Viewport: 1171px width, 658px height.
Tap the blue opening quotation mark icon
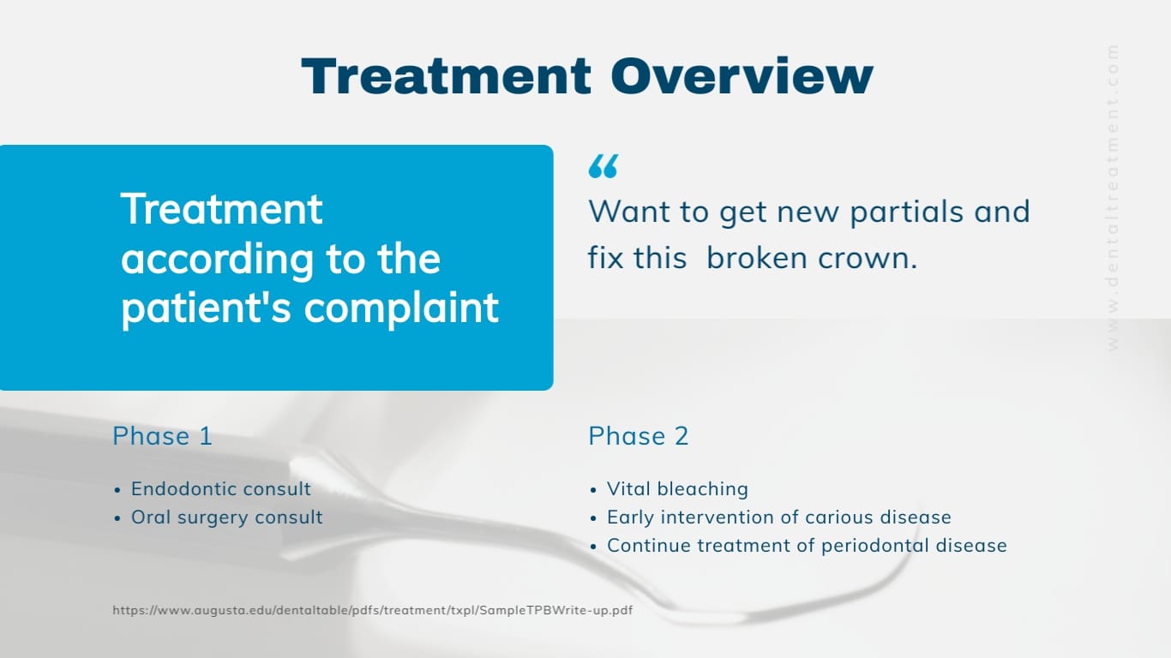[603, 166]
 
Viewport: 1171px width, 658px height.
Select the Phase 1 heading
[162, 436]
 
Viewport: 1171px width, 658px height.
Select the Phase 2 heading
[638, 436]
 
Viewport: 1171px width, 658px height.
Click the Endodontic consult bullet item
[220, 489]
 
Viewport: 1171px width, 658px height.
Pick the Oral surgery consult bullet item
[226, 517]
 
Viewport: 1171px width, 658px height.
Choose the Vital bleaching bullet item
[677, 489]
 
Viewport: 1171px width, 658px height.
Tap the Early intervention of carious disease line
[778, 517]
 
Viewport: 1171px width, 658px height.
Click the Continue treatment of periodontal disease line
[806, 546]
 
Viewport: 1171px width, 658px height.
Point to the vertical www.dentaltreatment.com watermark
[1113, 197]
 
